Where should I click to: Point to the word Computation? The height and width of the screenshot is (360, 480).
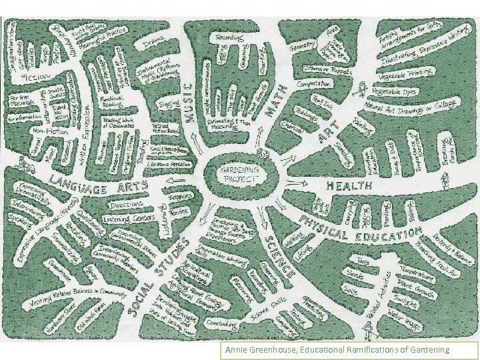tap(313, 84)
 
